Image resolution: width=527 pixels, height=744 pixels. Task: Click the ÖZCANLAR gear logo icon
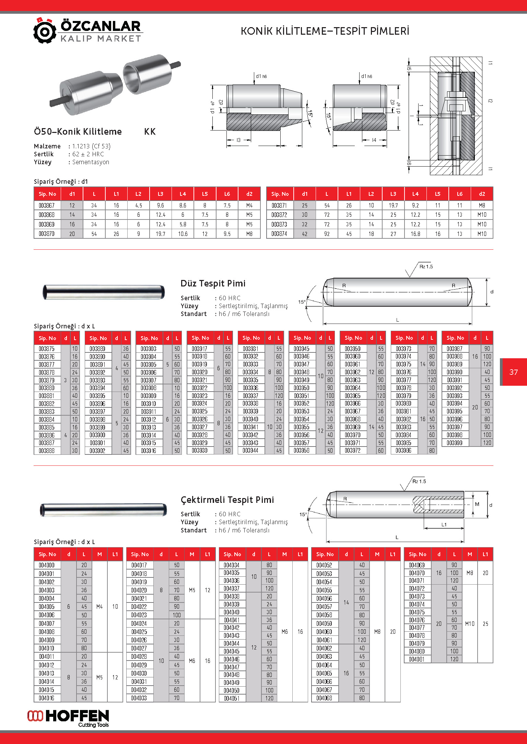45,31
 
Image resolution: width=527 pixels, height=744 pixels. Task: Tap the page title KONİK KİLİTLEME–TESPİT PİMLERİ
325,31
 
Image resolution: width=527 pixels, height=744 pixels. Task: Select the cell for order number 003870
47,234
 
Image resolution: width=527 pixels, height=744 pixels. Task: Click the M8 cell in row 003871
482,205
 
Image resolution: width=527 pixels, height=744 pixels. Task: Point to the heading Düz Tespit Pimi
213,283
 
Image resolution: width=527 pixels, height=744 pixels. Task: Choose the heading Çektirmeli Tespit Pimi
227,500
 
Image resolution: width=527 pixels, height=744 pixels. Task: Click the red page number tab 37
513,372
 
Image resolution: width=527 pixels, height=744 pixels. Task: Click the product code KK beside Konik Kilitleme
150,132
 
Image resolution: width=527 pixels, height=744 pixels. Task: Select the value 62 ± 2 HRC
88,154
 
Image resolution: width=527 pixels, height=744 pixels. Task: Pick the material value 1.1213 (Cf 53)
91,146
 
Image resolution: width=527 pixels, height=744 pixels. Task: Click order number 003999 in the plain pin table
454,443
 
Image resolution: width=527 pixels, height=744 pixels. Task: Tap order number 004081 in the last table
417,659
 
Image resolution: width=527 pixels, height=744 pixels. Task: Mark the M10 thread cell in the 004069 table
470,623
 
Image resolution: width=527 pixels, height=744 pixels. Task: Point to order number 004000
47,565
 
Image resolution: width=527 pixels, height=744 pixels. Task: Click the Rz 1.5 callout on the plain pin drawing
426,267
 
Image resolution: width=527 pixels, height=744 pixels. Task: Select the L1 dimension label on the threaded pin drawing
444,525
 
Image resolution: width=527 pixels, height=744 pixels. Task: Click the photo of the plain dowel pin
103,292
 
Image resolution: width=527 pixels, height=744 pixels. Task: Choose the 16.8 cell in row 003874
415,234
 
